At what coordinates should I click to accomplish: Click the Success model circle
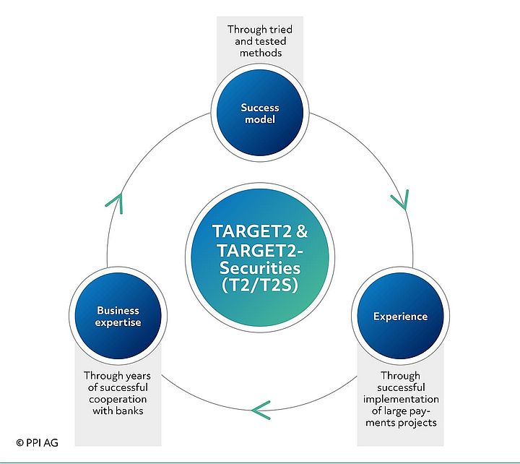(260, 113)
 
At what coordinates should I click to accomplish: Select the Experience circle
(400, 316)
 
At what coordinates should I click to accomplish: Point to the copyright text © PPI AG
(37, 441)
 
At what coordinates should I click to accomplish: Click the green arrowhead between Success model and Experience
(399, 199)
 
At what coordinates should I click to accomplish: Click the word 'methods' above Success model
(259, 53)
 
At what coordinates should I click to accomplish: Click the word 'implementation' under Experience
(401, 399)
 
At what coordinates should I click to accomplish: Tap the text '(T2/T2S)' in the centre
(260, 284)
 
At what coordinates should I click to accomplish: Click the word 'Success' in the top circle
(260, 108)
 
